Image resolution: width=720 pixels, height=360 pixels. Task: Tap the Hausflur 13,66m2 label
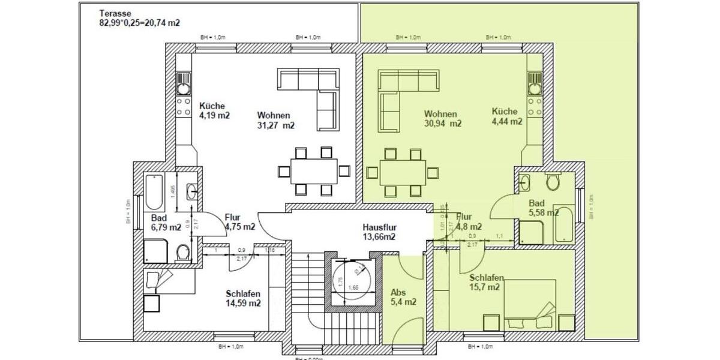379,232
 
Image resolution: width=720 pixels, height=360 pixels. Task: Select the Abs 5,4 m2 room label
403,297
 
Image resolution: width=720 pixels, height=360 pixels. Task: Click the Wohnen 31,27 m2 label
275,120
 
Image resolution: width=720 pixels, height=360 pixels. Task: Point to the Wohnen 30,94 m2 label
442,119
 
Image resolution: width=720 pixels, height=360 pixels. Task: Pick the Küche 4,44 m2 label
506,116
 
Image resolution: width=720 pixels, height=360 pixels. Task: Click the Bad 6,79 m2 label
166,223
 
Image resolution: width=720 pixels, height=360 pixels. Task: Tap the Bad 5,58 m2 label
543,208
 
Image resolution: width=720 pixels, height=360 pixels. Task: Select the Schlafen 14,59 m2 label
243,298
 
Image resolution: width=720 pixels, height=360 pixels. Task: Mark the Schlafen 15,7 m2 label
485,283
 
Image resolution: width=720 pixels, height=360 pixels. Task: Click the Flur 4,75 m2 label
239,222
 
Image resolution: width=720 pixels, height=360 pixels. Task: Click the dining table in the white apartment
314,171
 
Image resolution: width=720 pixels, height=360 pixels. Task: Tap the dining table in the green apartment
403,172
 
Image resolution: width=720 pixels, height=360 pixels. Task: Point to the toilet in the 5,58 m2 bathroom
552,181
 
